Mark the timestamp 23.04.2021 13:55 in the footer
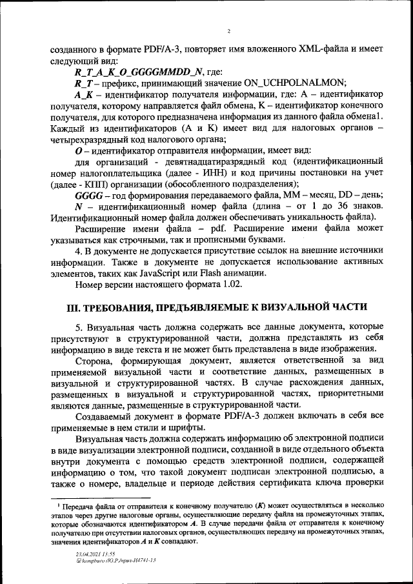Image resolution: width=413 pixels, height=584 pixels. pyautogui.click(x=95, y=554)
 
